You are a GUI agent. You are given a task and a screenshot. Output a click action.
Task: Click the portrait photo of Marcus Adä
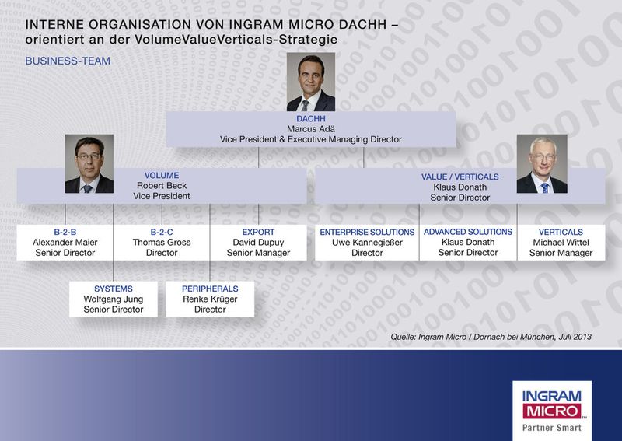click(311, 82)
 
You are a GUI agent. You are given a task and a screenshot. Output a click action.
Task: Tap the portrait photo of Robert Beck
click(89, 163)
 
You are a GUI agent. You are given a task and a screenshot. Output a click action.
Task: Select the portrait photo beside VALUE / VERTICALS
click(542, 163)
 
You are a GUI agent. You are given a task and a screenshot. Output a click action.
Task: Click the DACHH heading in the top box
click(310, 117)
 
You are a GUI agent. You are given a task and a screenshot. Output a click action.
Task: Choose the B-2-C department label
click(162, 232)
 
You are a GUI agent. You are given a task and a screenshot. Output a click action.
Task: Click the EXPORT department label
click(258, 232)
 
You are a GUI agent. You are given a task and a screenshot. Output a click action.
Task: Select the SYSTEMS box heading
click(114, 289)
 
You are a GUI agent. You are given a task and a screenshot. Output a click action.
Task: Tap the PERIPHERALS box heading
click(210, 289)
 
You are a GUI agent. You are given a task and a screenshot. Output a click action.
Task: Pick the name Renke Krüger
click(210, 299)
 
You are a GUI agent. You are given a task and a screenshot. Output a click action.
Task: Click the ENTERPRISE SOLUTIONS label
click(367, 232)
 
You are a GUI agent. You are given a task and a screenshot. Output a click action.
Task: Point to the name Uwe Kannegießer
click(367, 242)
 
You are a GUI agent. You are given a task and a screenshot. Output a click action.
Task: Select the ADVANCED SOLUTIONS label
click(467, 232)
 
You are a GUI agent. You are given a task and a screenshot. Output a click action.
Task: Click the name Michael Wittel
click(561, 242)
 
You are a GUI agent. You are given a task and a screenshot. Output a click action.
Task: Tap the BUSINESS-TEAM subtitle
click(68, 61)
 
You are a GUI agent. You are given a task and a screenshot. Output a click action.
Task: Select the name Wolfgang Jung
click(114, 299)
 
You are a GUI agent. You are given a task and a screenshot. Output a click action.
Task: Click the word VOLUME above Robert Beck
click(162, 176)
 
